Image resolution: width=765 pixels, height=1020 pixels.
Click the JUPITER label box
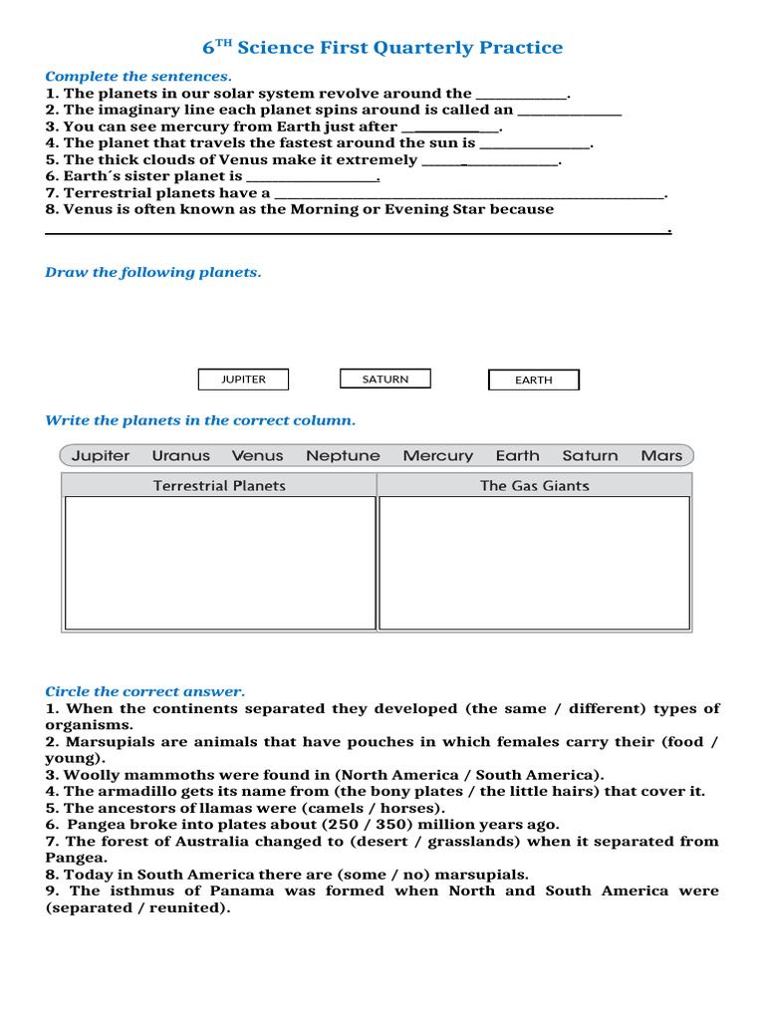244,380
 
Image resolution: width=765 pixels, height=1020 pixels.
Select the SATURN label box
385,379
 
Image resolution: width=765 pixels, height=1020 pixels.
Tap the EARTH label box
533,380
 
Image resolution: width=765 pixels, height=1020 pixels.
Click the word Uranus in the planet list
181,455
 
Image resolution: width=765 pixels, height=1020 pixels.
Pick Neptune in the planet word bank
343,455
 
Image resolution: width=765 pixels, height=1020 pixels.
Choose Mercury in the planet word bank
438,455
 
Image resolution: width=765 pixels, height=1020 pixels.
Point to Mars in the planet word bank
661,455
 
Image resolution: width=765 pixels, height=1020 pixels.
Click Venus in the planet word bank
258,455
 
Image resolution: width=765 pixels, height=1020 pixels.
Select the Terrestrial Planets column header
219,485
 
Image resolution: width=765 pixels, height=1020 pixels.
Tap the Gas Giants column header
535,485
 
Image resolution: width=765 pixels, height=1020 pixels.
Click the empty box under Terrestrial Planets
220,563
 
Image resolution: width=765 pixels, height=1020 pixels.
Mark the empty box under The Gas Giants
535,563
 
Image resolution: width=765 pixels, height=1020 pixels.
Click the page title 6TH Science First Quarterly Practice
382,48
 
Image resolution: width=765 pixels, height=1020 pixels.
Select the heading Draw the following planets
153,273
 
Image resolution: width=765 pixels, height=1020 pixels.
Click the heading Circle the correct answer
144,691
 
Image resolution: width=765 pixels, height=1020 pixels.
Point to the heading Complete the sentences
138,77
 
